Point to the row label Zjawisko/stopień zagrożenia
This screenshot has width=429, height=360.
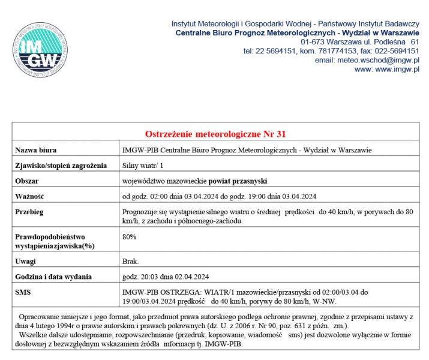coord(61,165)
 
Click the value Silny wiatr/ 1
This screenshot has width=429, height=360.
coord(142,165)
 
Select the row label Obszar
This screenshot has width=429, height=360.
coord(28,181)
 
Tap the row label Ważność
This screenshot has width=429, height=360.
coord(30,196)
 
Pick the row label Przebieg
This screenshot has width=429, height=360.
coord(30,212)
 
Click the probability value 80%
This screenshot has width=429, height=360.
coord(129,237)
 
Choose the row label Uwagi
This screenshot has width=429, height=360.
coord(26,262)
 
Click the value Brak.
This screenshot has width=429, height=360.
coord(130,262)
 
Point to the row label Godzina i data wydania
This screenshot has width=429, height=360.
coord(53,277)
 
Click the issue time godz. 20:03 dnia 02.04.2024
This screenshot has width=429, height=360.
coord(165,277)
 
